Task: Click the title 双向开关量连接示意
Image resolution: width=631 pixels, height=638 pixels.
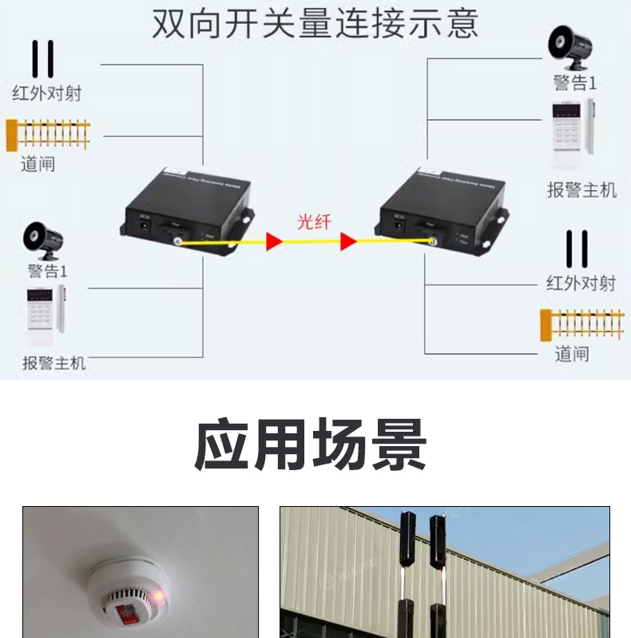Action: [x=315, y=25]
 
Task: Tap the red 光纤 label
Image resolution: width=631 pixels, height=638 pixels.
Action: [x=314, y=221]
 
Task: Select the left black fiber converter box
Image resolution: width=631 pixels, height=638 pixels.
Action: [x=189, y=205]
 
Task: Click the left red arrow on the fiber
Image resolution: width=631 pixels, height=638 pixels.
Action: [x=275, y=241]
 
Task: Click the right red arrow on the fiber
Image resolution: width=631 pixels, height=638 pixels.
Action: [x=347, y=241]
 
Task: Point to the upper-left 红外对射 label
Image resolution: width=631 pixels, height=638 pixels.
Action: [x=47, y=93]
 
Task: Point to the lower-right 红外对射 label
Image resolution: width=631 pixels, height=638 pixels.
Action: [x=581, y=283]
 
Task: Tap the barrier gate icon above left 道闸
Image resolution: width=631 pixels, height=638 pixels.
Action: [x=48, y=134]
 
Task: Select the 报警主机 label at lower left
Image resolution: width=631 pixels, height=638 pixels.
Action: [x=54, y=363]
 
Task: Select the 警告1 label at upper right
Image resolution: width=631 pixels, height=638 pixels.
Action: [x=575, y=83]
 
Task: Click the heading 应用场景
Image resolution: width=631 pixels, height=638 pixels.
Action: [x=311, y=445]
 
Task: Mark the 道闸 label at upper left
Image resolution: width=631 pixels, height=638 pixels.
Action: [x=38, y=165]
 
